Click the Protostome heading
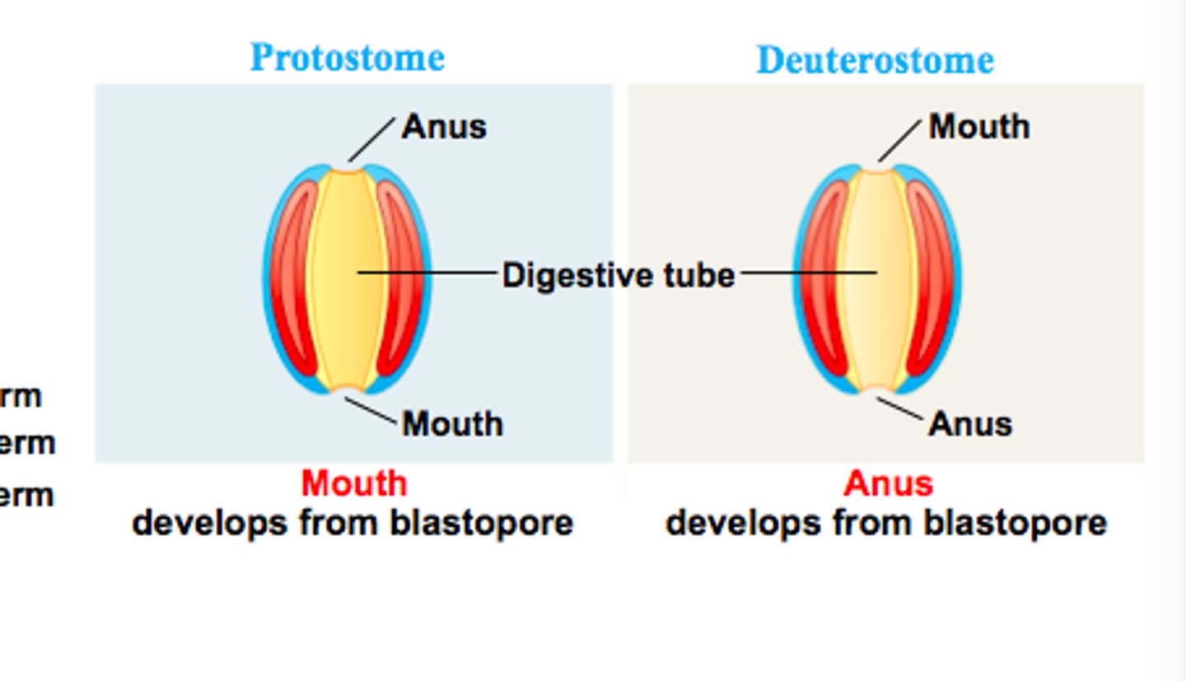click(x=347, y=58)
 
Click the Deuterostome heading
click(x=875, y=60)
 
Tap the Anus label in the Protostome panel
click(x=444, y=128)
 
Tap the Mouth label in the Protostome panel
click(x=452, y=424)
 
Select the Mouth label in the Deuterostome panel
click(x=979, y=128)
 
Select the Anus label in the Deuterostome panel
click(x=970, y=424)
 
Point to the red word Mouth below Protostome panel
click(x=353, y=483)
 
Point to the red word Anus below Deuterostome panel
click(x=888, y=483)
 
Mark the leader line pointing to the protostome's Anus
click(x=371, y=139)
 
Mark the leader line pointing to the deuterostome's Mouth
click(x=899, y=139)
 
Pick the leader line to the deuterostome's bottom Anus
click(x=899, y=408)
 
